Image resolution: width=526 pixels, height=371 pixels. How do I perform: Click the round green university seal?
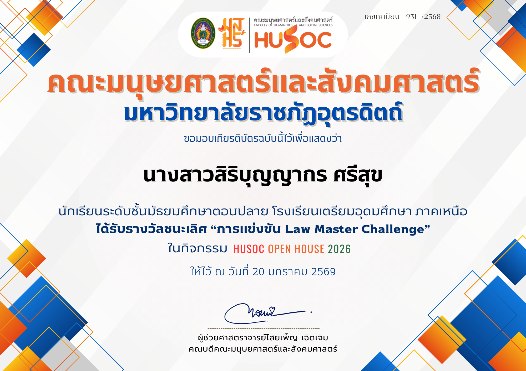203,33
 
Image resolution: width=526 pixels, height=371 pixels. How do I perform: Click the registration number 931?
411,17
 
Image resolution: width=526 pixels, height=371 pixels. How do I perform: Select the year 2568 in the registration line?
432,17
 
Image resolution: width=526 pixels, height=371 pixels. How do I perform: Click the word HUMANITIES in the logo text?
283,25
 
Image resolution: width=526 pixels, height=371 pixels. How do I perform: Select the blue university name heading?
263,113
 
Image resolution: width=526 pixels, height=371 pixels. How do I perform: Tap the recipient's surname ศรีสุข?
358,176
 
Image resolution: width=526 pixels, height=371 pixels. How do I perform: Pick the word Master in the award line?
336,229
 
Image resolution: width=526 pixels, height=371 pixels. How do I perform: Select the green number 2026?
339,249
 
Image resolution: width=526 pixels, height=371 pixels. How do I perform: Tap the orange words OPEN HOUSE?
296,249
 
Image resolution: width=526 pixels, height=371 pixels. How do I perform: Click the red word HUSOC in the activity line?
249,249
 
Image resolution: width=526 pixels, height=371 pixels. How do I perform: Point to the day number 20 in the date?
258,272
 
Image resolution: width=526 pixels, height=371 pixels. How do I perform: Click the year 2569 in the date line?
323,272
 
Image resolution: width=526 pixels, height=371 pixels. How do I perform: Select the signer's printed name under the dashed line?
263,338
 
